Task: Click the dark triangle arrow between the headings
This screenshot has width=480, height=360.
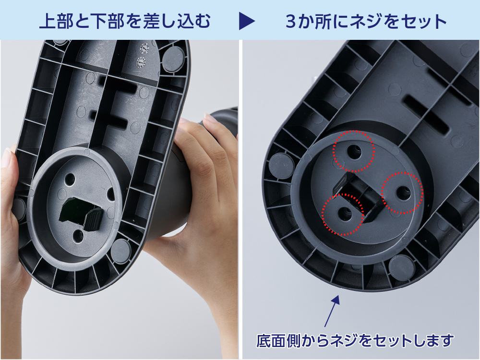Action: pyautogui.click(x=247, y=21)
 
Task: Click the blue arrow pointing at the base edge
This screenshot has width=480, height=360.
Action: pyautogui.click(x=332, y=311)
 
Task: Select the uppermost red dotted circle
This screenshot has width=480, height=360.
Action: pyautogui.click(x=354, y=151)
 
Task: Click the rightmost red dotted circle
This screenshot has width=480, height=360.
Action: pyautogui.click(x=402, y=193)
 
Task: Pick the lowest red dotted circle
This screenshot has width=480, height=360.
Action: pyautogui.click(x=343, y=214)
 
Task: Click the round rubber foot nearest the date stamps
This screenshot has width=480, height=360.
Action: pyautogui.click(x=173, y=58)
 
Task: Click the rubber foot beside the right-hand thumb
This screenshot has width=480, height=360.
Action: pyautogui.click(x=121, y=250)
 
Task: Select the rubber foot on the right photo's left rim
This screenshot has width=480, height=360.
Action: pyautogui.click(x=280, y=166)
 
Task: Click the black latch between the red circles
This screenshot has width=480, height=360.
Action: pyautogui.click(x=359, y=195)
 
